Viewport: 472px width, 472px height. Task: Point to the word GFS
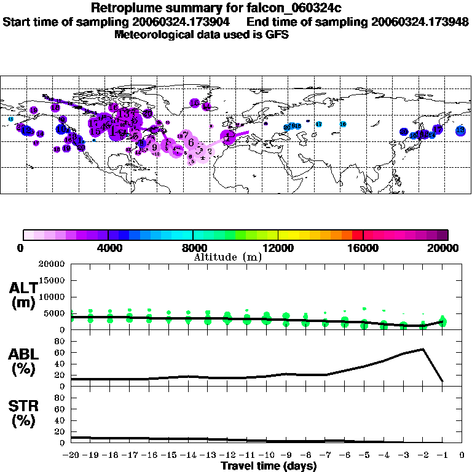click(277, 34)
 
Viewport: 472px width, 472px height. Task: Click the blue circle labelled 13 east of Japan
click(460, 130)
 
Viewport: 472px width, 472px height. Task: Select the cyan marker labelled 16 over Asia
click(343, 124)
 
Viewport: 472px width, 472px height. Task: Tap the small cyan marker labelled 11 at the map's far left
click(10, 119)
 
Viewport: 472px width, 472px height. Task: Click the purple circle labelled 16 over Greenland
click(194, 103)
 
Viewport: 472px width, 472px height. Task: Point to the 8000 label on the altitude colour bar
click(193, 248)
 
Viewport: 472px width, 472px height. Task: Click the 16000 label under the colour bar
click(363, 248)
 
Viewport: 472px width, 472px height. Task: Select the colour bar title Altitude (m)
click(227, 257)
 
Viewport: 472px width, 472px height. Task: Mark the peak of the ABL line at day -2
click(423, 349)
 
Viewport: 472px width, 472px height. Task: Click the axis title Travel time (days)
click(269, 466)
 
